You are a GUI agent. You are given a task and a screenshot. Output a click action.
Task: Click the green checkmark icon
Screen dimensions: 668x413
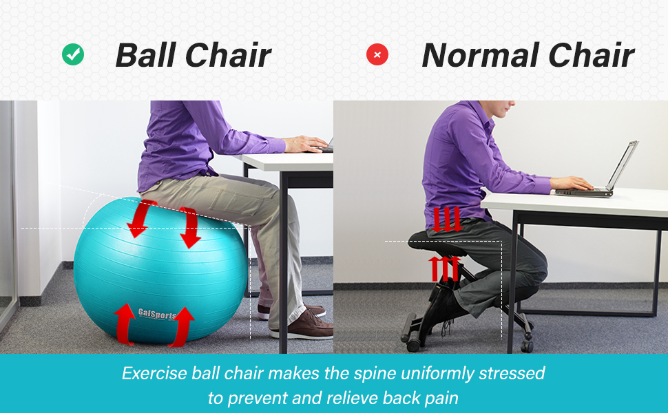(73, 54)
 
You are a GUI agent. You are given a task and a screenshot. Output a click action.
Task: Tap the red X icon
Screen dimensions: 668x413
(377, 54)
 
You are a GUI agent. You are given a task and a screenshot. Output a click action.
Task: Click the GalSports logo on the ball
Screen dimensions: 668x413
(157, 314)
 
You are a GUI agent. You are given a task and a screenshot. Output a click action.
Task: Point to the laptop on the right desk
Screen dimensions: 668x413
(597, 170)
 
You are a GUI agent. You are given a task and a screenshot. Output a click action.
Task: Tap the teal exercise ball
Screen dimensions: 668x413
(160, 271)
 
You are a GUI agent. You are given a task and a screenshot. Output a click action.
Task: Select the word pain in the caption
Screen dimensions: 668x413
(442, 399)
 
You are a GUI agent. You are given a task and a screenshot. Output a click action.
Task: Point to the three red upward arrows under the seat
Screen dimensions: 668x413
(445, 268)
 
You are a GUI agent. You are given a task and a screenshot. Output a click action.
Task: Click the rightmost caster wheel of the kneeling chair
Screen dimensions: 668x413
(527, 346)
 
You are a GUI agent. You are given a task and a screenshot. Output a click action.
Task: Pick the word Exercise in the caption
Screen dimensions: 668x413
(155, 373)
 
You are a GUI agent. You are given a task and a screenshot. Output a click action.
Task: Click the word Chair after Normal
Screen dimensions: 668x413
(592, 55)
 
